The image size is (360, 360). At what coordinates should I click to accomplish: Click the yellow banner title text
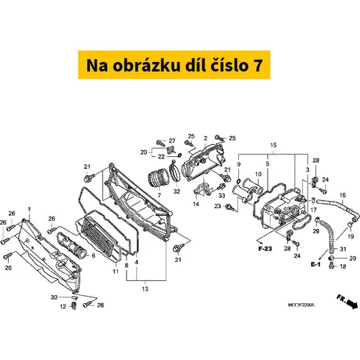click(174, 66)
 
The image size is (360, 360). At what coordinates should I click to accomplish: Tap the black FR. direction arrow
click(352, 305)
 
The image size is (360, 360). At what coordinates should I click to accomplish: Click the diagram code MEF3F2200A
click(301, 305)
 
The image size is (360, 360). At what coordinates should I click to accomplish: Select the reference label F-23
click(265, 248)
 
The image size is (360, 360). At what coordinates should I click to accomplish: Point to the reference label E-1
click(315, 264)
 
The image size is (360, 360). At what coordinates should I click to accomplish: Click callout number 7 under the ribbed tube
click(159, 196)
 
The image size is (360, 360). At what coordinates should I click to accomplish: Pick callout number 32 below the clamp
click(176, 192)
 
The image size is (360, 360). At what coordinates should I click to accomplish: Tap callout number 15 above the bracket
click(274, 145)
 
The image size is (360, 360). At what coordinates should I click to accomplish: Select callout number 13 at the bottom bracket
click(145, 289)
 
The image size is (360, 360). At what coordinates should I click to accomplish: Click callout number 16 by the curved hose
click(343, 195)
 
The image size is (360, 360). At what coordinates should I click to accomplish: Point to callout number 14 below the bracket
click(196, 204)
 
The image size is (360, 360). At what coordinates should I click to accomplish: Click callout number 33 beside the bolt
click(222, 195)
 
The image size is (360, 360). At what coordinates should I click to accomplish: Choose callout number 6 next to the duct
click(94, 256)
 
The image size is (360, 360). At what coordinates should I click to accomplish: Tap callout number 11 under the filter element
click(116, 271)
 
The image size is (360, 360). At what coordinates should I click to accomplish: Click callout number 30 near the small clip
click(54, 297)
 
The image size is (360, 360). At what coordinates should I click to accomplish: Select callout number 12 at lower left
click(63, 307)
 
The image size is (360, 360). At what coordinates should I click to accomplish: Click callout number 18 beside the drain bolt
click(343, 266)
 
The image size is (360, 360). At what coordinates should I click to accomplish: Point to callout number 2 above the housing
click(205, 138)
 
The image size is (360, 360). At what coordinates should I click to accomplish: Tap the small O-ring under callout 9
click(239, 180)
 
